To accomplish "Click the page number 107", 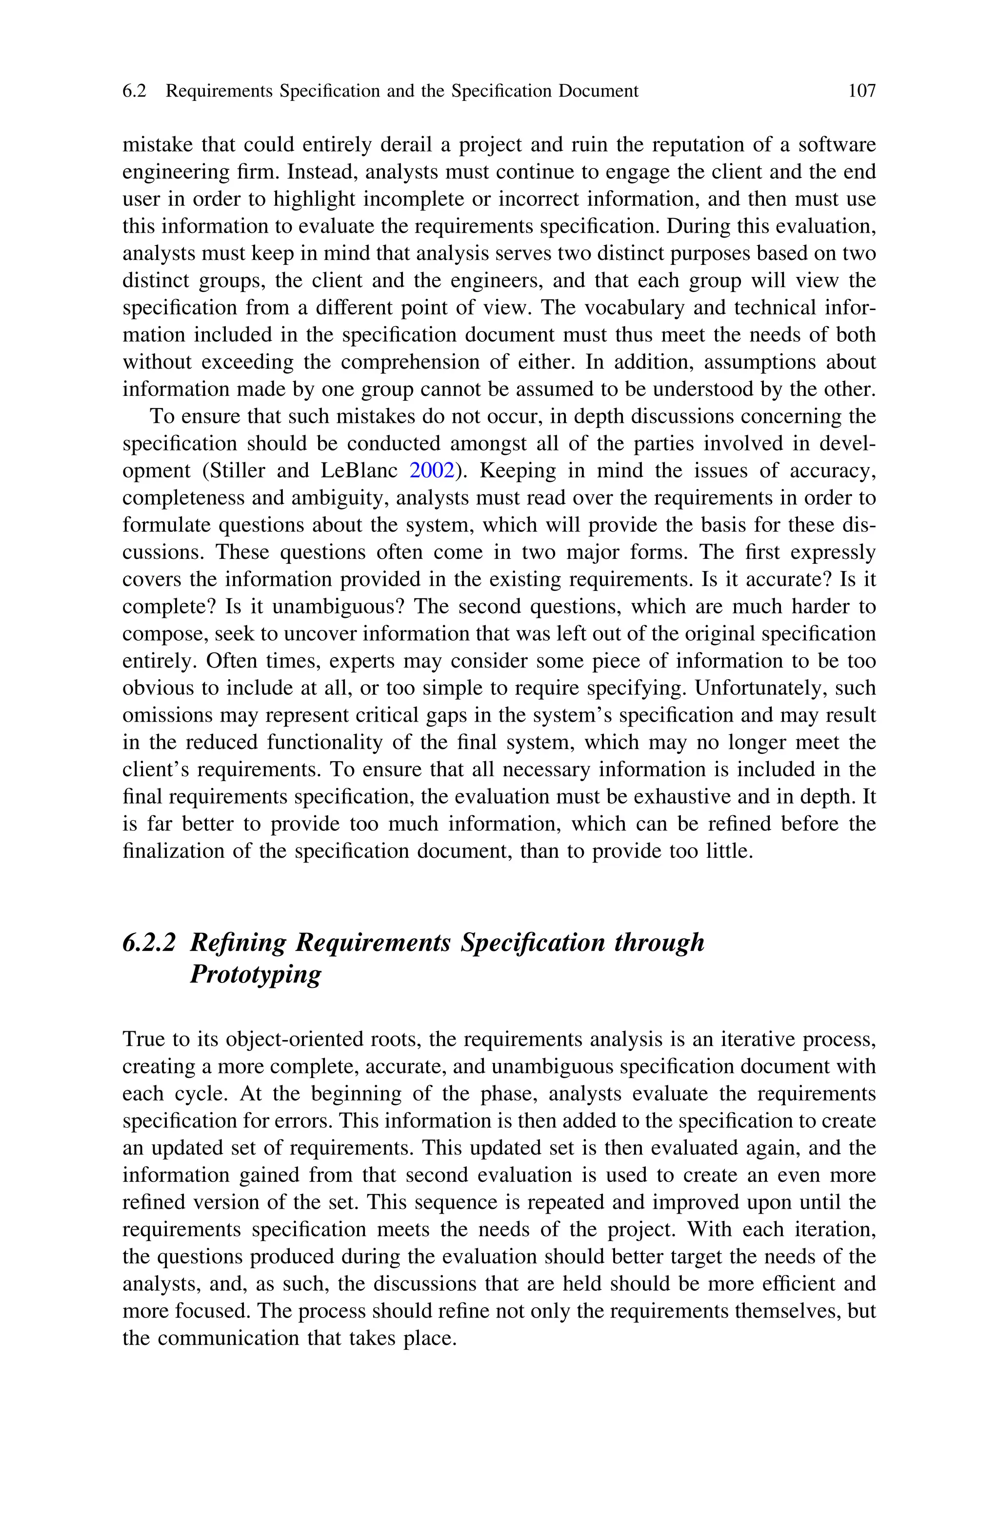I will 862,91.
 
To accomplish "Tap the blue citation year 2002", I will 432,471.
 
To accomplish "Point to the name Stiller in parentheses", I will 235,471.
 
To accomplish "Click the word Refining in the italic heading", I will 238,942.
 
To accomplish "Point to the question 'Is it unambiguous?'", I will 316,607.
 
